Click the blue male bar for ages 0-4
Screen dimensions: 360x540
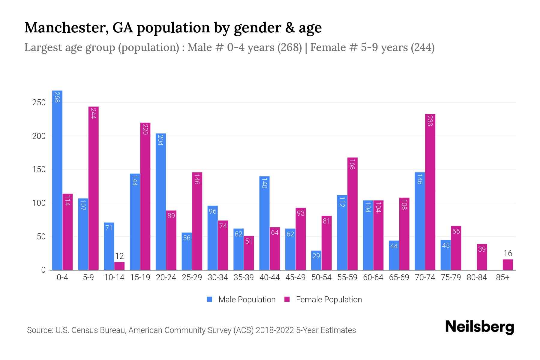coord(57,180)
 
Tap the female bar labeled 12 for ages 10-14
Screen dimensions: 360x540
coord(119,266)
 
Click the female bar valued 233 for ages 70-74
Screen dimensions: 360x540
coord(430,192)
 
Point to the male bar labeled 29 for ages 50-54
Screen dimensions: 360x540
coord(316,260)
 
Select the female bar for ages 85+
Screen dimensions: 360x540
coord(508,265)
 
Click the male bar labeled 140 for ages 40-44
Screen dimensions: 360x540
coord(264,223)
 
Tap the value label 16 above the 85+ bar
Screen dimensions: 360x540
coord(508,253)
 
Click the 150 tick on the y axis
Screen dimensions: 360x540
coord(39,170)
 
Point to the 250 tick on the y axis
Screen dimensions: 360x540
coord(39,103)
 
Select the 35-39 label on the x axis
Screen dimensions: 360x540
coord(244,277)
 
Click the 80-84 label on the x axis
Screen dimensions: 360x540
coord(477,277)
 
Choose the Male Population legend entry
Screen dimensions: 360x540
coord(241,300)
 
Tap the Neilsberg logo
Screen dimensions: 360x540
coord(479,327)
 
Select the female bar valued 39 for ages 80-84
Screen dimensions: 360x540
coord(482,257)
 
